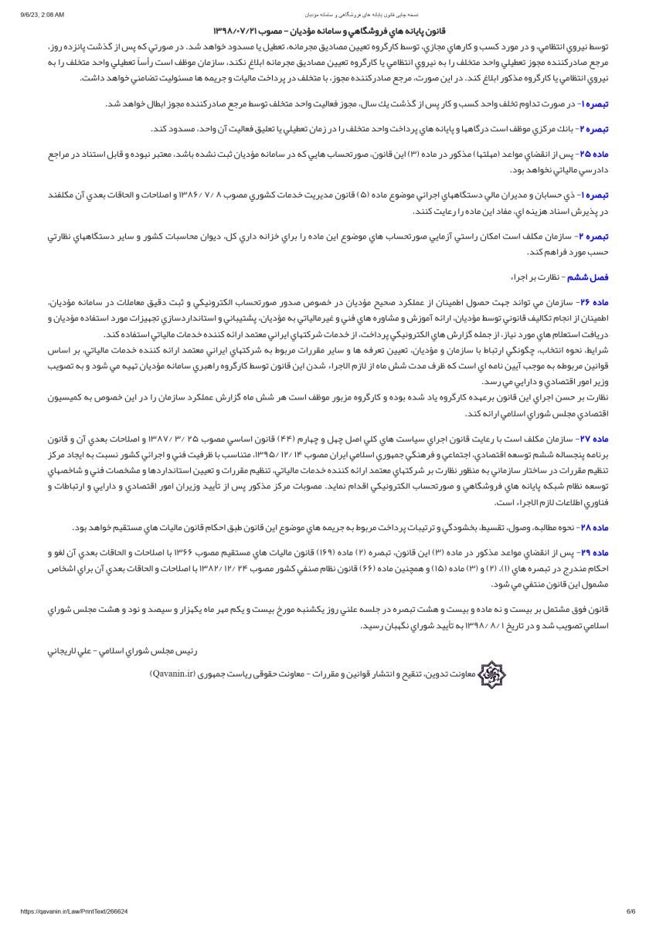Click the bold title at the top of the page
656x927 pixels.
328,32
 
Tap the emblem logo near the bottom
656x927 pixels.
491,674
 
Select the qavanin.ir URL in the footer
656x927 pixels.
63,912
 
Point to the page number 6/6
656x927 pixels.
631,912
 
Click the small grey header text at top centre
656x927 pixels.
328,15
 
